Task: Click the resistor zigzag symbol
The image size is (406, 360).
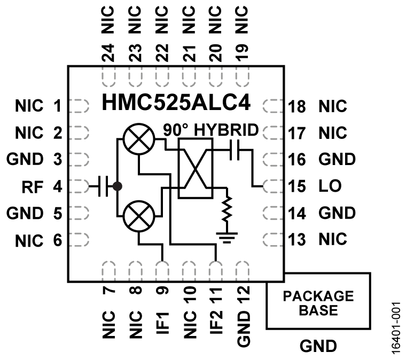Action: (228, 208)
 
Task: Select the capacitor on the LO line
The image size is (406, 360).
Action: (236, 152)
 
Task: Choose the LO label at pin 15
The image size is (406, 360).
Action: (329, 187)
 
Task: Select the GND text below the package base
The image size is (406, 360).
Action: (318, 347)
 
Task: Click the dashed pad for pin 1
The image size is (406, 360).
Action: (79, 106)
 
